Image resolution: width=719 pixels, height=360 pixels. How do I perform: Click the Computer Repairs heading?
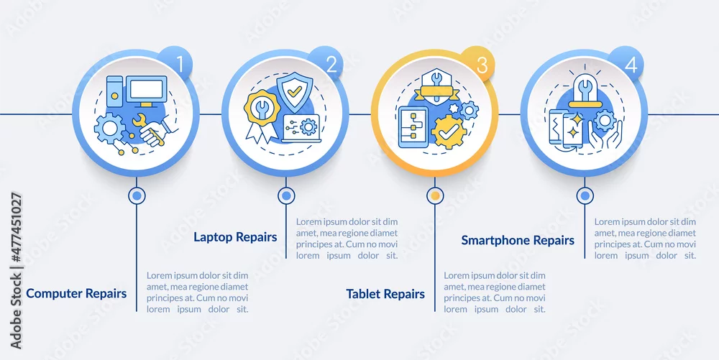76,293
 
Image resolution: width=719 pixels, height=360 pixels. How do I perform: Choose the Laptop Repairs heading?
235,237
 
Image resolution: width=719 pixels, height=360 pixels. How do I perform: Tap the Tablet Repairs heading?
385,294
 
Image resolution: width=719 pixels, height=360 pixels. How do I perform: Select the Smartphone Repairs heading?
518,241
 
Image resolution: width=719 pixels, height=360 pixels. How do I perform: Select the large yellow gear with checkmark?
449,132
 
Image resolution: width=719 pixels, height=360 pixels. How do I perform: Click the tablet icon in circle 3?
413,127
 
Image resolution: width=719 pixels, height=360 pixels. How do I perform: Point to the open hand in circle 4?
605,134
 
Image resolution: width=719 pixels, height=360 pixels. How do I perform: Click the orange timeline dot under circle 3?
435,196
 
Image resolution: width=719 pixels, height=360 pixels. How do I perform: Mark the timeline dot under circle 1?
136,196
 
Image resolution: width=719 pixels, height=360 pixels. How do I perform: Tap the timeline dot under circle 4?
584,196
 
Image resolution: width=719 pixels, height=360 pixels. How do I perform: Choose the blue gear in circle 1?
109,129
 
